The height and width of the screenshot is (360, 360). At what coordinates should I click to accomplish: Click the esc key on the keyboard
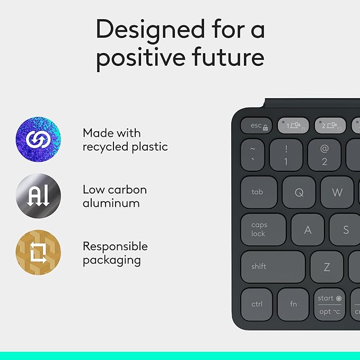click(x=257, y=126)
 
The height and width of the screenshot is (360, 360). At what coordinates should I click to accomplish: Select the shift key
click(x=273, y=266)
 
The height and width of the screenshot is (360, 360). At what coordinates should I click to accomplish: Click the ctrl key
click(x=257, y=304)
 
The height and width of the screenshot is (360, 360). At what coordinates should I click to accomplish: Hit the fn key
click(x=293, y=304)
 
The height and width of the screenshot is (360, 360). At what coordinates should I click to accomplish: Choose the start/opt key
click(x=329, y=304)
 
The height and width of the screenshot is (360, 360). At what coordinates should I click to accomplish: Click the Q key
click(x=299, y=192)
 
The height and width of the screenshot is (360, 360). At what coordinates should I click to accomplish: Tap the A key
click(x=308, y=230)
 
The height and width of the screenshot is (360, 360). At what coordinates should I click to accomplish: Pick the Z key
click(x=327, y=267)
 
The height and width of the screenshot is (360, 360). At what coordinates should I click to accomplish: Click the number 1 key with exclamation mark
click(x=286, y=155)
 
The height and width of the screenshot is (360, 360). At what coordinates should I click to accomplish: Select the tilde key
click(x=252, y=155)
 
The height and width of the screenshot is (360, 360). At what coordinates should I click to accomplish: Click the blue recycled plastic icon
click(x=38, y=140)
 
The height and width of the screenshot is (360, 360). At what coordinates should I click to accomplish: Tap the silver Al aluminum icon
click(x=38, y=196)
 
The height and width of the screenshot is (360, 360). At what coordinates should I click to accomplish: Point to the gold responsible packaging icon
click(x=38, y=253)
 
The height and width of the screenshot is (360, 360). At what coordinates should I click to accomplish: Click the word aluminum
click(x=111, y=203)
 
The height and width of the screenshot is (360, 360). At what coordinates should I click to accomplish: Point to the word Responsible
click(x=115, y=247)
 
